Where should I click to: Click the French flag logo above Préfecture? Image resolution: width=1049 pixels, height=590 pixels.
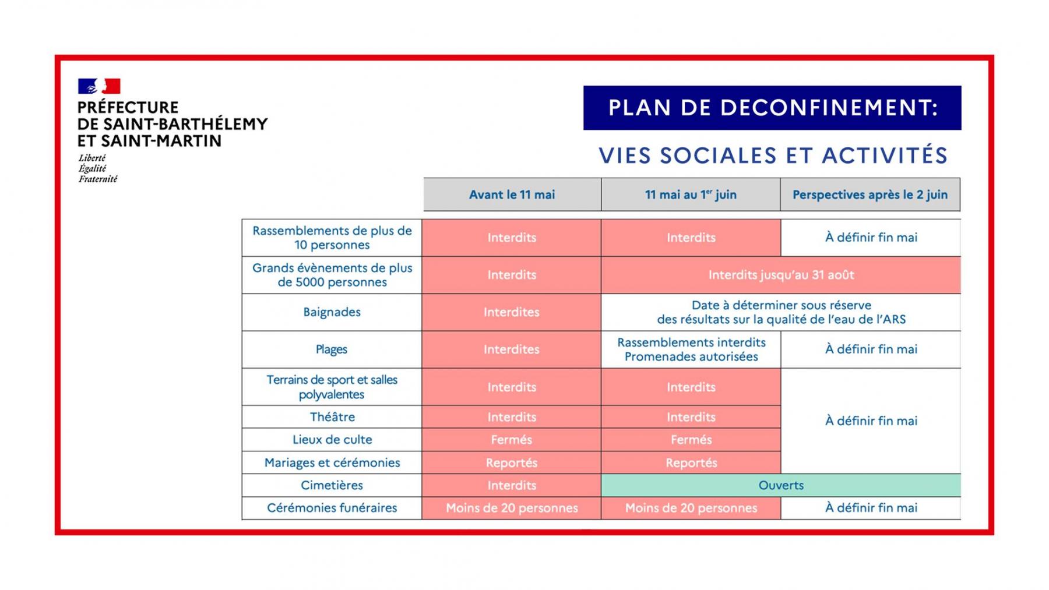point(99,86)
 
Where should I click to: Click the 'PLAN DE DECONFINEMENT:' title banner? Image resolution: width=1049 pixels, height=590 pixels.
point(772,108)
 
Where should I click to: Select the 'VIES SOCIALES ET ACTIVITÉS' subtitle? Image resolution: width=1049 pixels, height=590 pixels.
point(773,156)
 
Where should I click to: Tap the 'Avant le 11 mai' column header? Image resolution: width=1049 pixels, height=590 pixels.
point(512,195)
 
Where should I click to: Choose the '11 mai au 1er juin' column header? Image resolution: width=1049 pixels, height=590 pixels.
point(691,195)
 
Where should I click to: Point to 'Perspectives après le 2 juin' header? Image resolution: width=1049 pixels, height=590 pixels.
point(870,195)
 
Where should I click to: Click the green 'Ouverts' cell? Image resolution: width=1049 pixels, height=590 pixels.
point(780,485)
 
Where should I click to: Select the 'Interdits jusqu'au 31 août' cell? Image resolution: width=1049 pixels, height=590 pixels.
point(780,275)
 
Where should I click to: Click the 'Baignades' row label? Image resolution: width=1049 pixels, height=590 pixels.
point(332,312)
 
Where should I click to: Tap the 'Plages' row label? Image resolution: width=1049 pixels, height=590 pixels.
point(332,349)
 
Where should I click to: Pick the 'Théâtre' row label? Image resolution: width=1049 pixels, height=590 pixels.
point(332,417)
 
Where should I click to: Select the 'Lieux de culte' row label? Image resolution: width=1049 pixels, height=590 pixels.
point(332,440)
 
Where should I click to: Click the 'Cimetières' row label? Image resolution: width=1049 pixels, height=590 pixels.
point(332,485)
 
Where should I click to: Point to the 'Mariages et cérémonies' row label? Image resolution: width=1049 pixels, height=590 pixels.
point(332,462)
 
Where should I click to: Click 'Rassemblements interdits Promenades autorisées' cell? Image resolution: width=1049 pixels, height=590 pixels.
point(691,349)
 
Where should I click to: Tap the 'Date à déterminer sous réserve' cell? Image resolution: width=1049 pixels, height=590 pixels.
point(780,312)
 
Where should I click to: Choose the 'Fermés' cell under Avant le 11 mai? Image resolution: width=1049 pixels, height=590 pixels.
point(512,440)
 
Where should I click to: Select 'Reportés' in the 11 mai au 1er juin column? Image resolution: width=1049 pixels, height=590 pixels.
point(691,462)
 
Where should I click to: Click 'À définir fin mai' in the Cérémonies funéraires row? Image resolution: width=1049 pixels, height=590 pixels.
point(871,508)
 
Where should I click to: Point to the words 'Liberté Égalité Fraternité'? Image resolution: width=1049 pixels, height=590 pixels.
point(97,168)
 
